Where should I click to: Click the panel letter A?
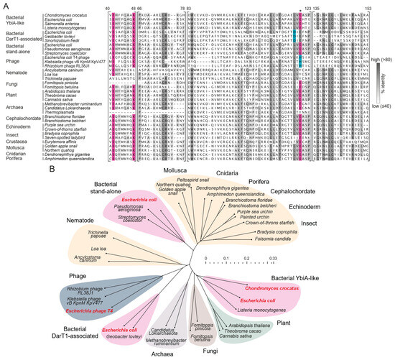pos(5,5)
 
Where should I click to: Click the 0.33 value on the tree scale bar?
pos(272,257)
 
